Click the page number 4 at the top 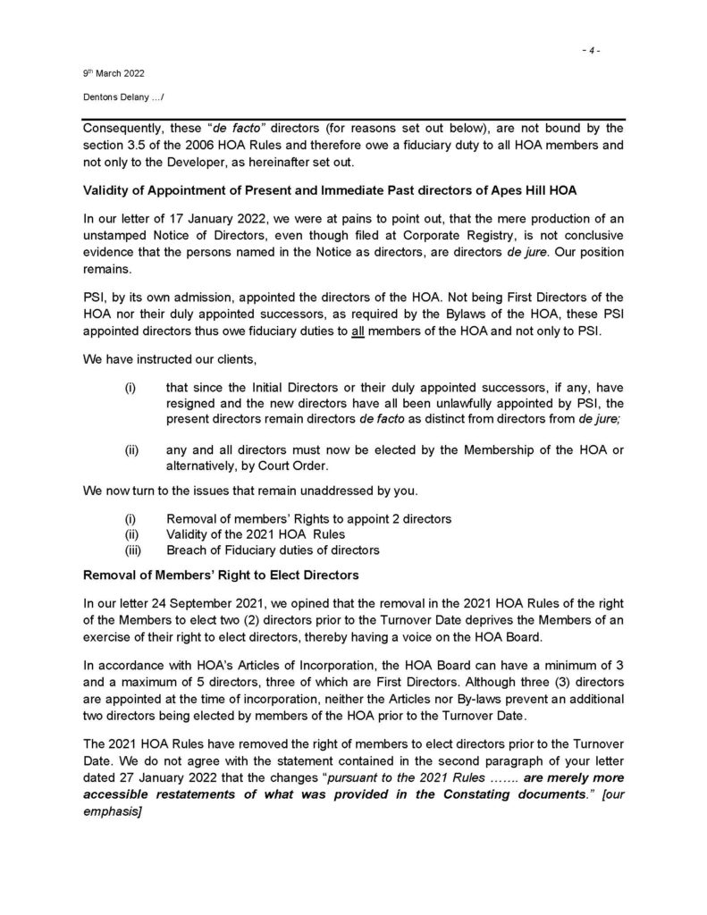[590, 50]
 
